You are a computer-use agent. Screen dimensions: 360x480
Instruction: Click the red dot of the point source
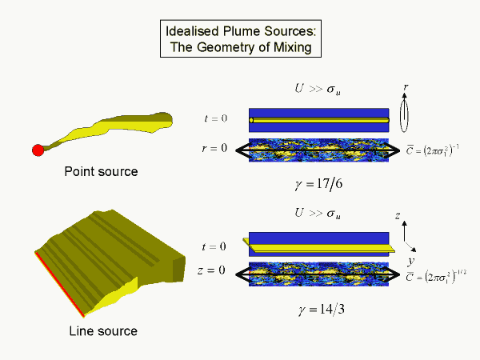(x=37, y=150)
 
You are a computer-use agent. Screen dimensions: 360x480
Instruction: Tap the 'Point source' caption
(x=102, y=171)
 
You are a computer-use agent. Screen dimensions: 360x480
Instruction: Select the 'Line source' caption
(x=102, y=330)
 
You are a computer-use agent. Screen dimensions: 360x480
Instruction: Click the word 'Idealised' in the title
(x=191, y=32)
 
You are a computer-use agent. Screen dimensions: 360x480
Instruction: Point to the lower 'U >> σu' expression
(x=319, y=214)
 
